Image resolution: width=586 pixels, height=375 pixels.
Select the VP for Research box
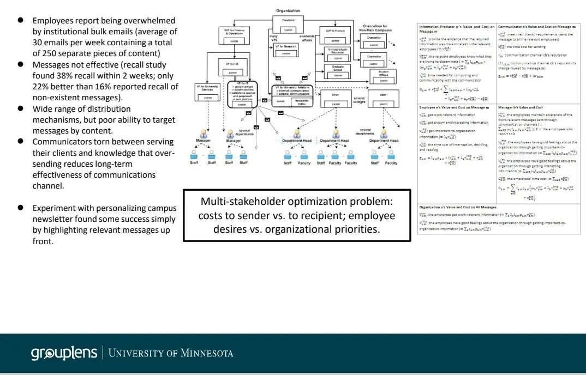click(x=286, y=50)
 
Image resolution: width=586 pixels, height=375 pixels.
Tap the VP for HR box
click(x=232, y=69)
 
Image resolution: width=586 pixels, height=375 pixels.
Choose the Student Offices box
click(x=383, y=76)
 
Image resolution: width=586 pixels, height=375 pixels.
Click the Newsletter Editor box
click(x=300, y=101)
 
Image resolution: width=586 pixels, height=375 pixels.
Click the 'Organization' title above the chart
click(x=288, y=10)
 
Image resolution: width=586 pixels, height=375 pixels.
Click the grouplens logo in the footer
click(x=64, y=353)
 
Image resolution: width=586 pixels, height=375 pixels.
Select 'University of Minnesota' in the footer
click(x=171, y=353)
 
